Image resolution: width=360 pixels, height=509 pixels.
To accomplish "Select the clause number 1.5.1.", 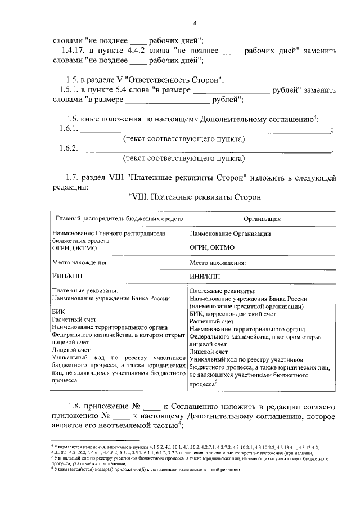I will pyautogui.click(x=70, y=90).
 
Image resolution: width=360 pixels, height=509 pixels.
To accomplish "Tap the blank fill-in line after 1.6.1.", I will pyautogui.click(x=206, y=130).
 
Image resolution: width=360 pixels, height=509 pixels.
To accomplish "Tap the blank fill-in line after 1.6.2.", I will pyautogui.click(x=206, y=150).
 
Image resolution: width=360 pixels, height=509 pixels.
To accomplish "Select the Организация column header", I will pyautogui.click(x=262, y=219).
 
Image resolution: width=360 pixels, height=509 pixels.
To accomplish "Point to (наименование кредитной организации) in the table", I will pyautogui.click(x=247, y=307).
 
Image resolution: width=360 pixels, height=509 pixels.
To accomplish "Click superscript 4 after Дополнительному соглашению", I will pyautogui.click(x=316, y=117).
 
